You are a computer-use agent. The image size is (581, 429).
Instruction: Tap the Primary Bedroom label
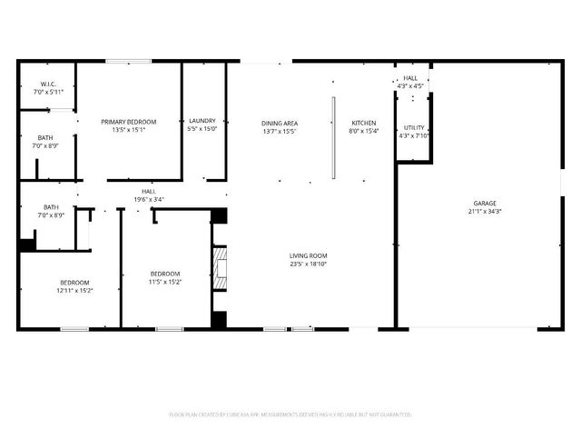pos(129,122)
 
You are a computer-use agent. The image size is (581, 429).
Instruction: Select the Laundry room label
pos(202,122)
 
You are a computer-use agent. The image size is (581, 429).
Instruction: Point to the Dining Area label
pos(280,124)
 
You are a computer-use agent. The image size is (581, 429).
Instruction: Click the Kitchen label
pos(365,124)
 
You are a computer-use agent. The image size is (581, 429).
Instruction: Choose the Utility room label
pos(414,129)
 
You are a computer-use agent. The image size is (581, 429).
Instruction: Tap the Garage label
pos(484,204)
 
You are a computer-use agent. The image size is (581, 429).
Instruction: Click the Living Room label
pos(309,256)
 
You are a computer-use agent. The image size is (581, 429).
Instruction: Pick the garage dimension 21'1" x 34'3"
pos(484,211)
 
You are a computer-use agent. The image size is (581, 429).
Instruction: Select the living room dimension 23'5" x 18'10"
pos(309,264)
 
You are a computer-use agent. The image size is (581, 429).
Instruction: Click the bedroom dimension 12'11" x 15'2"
pos(74,290)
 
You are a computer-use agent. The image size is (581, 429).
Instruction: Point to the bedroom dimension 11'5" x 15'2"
pos(165,282)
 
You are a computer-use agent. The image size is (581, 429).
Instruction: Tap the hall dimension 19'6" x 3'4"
pos(149,199)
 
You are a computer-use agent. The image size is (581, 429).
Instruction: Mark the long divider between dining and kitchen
pos(334,137)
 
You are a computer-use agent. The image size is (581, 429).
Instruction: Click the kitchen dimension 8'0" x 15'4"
pos(365,131)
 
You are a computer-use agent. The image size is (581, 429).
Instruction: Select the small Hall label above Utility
pos(410,79)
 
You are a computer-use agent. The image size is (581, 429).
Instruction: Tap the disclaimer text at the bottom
pos(290,414)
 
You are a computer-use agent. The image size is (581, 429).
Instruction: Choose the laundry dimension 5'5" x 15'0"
pos(202,129)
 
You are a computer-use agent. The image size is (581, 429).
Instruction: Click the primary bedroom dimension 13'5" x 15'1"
pos(129,130)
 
